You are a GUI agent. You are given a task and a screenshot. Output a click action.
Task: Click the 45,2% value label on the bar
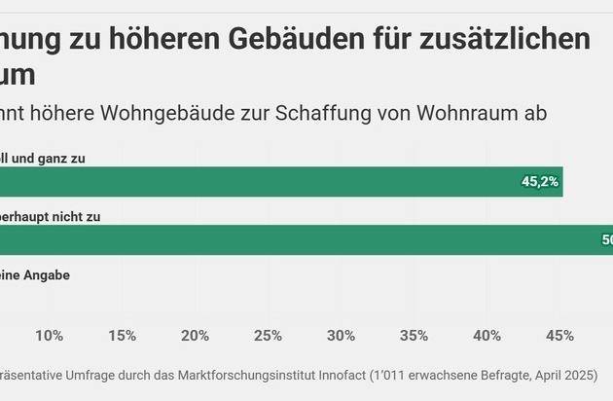click(x=540, y=182)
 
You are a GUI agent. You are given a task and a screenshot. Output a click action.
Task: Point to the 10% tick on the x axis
click(x=50, y=336)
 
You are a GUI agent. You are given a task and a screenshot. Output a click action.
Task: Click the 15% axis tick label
click(x=122, y=336)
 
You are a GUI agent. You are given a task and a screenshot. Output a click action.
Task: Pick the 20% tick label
click(x=195, y=336)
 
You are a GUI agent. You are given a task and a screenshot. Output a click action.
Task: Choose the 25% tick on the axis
click(x=268, y=336)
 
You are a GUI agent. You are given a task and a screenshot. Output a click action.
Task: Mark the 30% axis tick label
click(x=341, y=336)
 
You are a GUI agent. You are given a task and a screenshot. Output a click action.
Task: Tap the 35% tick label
click(x=414, y=336)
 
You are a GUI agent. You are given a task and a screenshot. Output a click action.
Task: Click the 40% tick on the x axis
click(x=487, y=336)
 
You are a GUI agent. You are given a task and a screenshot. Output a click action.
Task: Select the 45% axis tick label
click(x=559, y=336)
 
